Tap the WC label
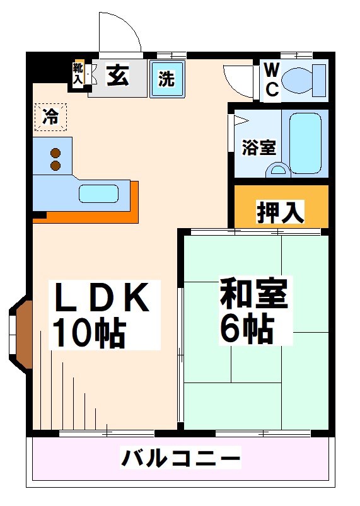[271, 79]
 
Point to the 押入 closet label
[281, 212]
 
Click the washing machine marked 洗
[166, 79]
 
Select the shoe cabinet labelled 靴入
[78, 74]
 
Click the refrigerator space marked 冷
[50, 117]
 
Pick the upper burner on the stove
[55, 153]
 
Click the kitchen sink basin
[99, 193]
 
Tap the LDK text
[101, 299]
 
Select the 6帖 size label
[246, 328]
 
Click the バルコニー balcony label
[180, 457]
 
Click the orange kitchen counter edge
[88, 216]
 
